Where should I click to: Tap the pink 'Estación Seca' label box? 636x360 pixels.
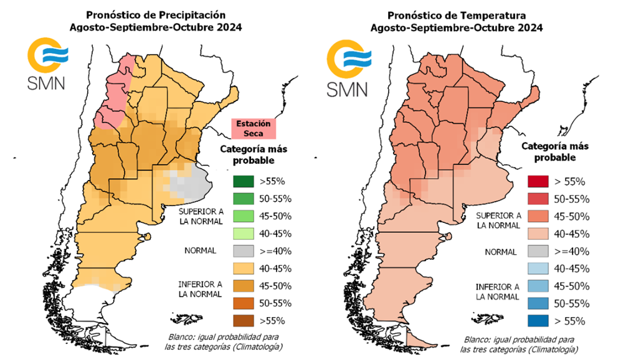point(253,128)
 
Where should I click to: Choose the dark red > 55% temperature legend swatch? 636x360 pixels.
point(539,182)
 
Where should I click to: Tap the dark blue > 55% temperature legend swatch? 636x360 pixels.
point(539,322)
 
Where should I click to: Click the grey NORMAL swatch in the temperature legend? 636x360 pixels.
point(539,252)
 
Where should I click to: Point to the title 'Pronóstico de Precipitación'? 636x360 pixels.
point(156,14)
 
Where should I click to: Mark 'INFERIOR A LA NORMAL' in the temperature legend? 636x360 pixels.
point(497,291)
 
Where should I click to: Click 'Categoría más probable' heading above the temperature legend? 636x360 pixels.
point(554,151)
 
